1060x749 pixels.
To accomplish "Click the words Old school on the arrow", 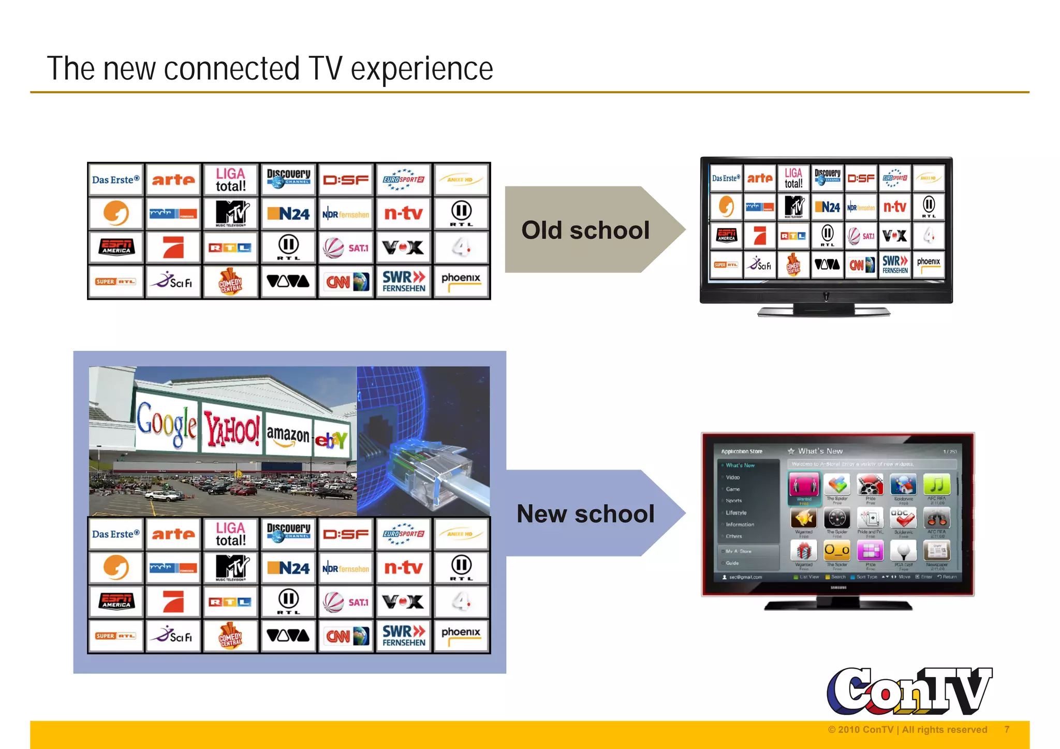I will click(x=585, y=230).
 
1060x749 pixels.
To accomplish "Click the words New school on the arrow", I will click(x=585, y=514).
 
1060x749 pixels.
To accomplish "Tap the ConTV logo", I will click(x=909, y=691).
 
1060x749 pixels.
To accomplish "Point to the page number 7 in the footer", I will click(x=1007, y=729).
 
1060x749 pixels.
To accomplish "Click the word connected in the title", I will click(x=231, y=69).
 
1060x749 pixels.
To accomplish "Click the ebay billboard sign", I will click(x=331, y=440).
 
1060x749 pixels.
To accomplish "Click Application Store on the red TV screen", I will click(x=741, y=451).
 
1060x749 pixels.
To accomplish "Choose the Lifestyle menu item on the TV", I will click(x=736, y=512).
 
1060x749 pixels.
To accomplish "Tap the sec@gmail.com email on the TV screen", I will click(x=745, y=577).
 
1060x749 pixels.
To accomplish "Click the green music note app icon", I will click(x=936, y=485).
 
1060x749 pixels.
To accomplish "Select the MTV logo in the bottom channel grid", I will click(x=231, y=568).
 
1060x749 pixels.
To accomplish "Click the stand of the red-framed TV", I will click(x=838, y=604).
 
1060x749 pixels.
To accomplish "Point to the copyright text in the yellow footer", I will click(x=907, y=729).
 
